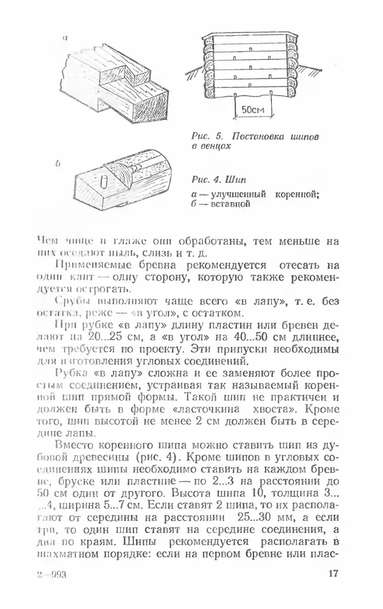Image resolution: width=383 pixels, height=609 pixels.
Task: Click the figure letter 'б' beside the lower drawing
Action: coord(58,164)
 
